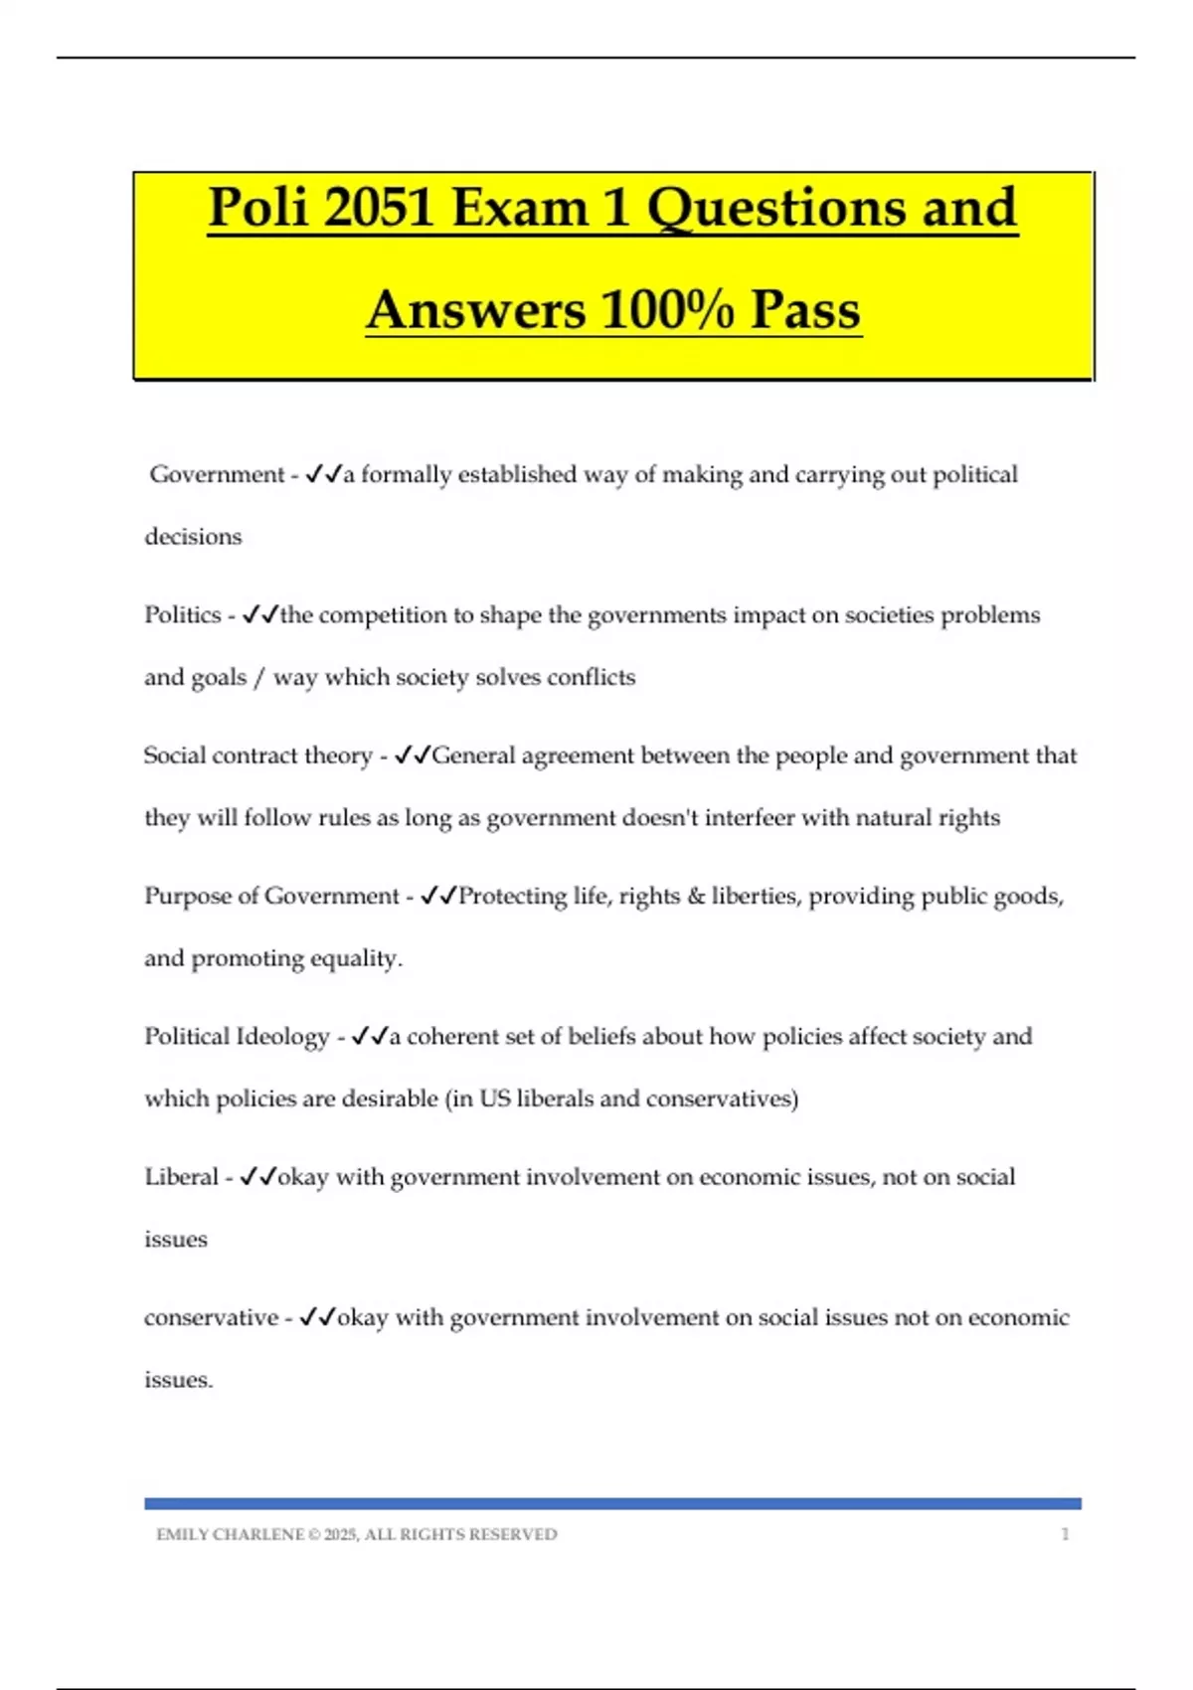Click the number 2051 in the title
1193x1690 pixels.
tap(379, 208)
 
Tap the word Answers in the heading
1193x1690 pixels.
tap(475, 310)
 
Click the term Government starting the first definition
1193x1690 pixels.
tap(217, 475)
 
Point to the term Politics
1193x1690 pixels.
tap(183, 615)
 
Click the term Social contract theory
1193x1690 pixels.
tap(257, 756)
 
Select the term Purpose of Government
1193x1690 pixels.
tap(271, 896)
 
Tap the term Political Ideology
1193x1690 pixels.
tap(237, 1037)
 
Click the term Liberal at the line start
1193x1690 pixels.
tap(181, 1177)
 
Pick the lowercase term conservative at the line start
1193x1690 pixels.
tap(211, 1317)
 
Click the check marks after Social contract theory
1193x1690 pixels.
tap(412, 756)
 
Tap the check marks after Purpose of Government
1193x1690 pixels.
tap(438, 896)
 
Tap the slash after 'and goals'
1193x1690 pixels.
tap(259, 678)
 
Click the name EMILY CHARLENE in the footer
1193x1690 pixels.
tap(230, 1534)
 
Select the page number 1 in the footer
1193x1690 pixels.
tap(1065, 1534)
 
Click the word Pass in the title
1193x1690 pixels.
tap(805, 310)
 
